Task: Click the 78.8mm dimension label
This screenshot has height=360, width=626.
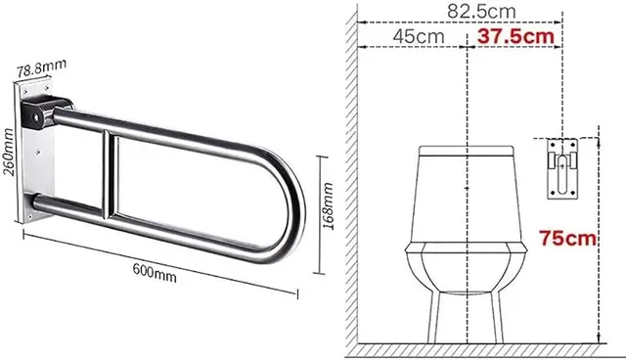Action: click(x=41, y=67)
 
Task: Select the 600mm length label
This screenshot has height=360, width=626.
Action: click(x=155, y=273)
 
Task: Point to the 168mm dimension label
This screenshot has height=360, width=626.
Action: click(x=329, y=206)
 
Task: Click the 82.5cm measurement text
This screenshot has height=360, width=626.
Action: click(x=481, y=11)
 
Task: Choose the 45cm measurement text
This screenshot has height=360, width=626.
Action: click(x=419, y=37)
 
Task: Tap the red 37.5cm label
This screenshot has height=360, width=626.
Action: click(x=515, y=37)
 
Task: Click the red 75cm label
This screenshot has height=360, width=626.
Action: click(x=567, y=238)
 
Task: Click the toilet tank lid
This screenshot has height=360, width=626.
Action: click(x=467, y=151)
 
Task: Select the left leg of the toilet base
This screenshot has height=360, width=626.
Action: click(x=434, y=317)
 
